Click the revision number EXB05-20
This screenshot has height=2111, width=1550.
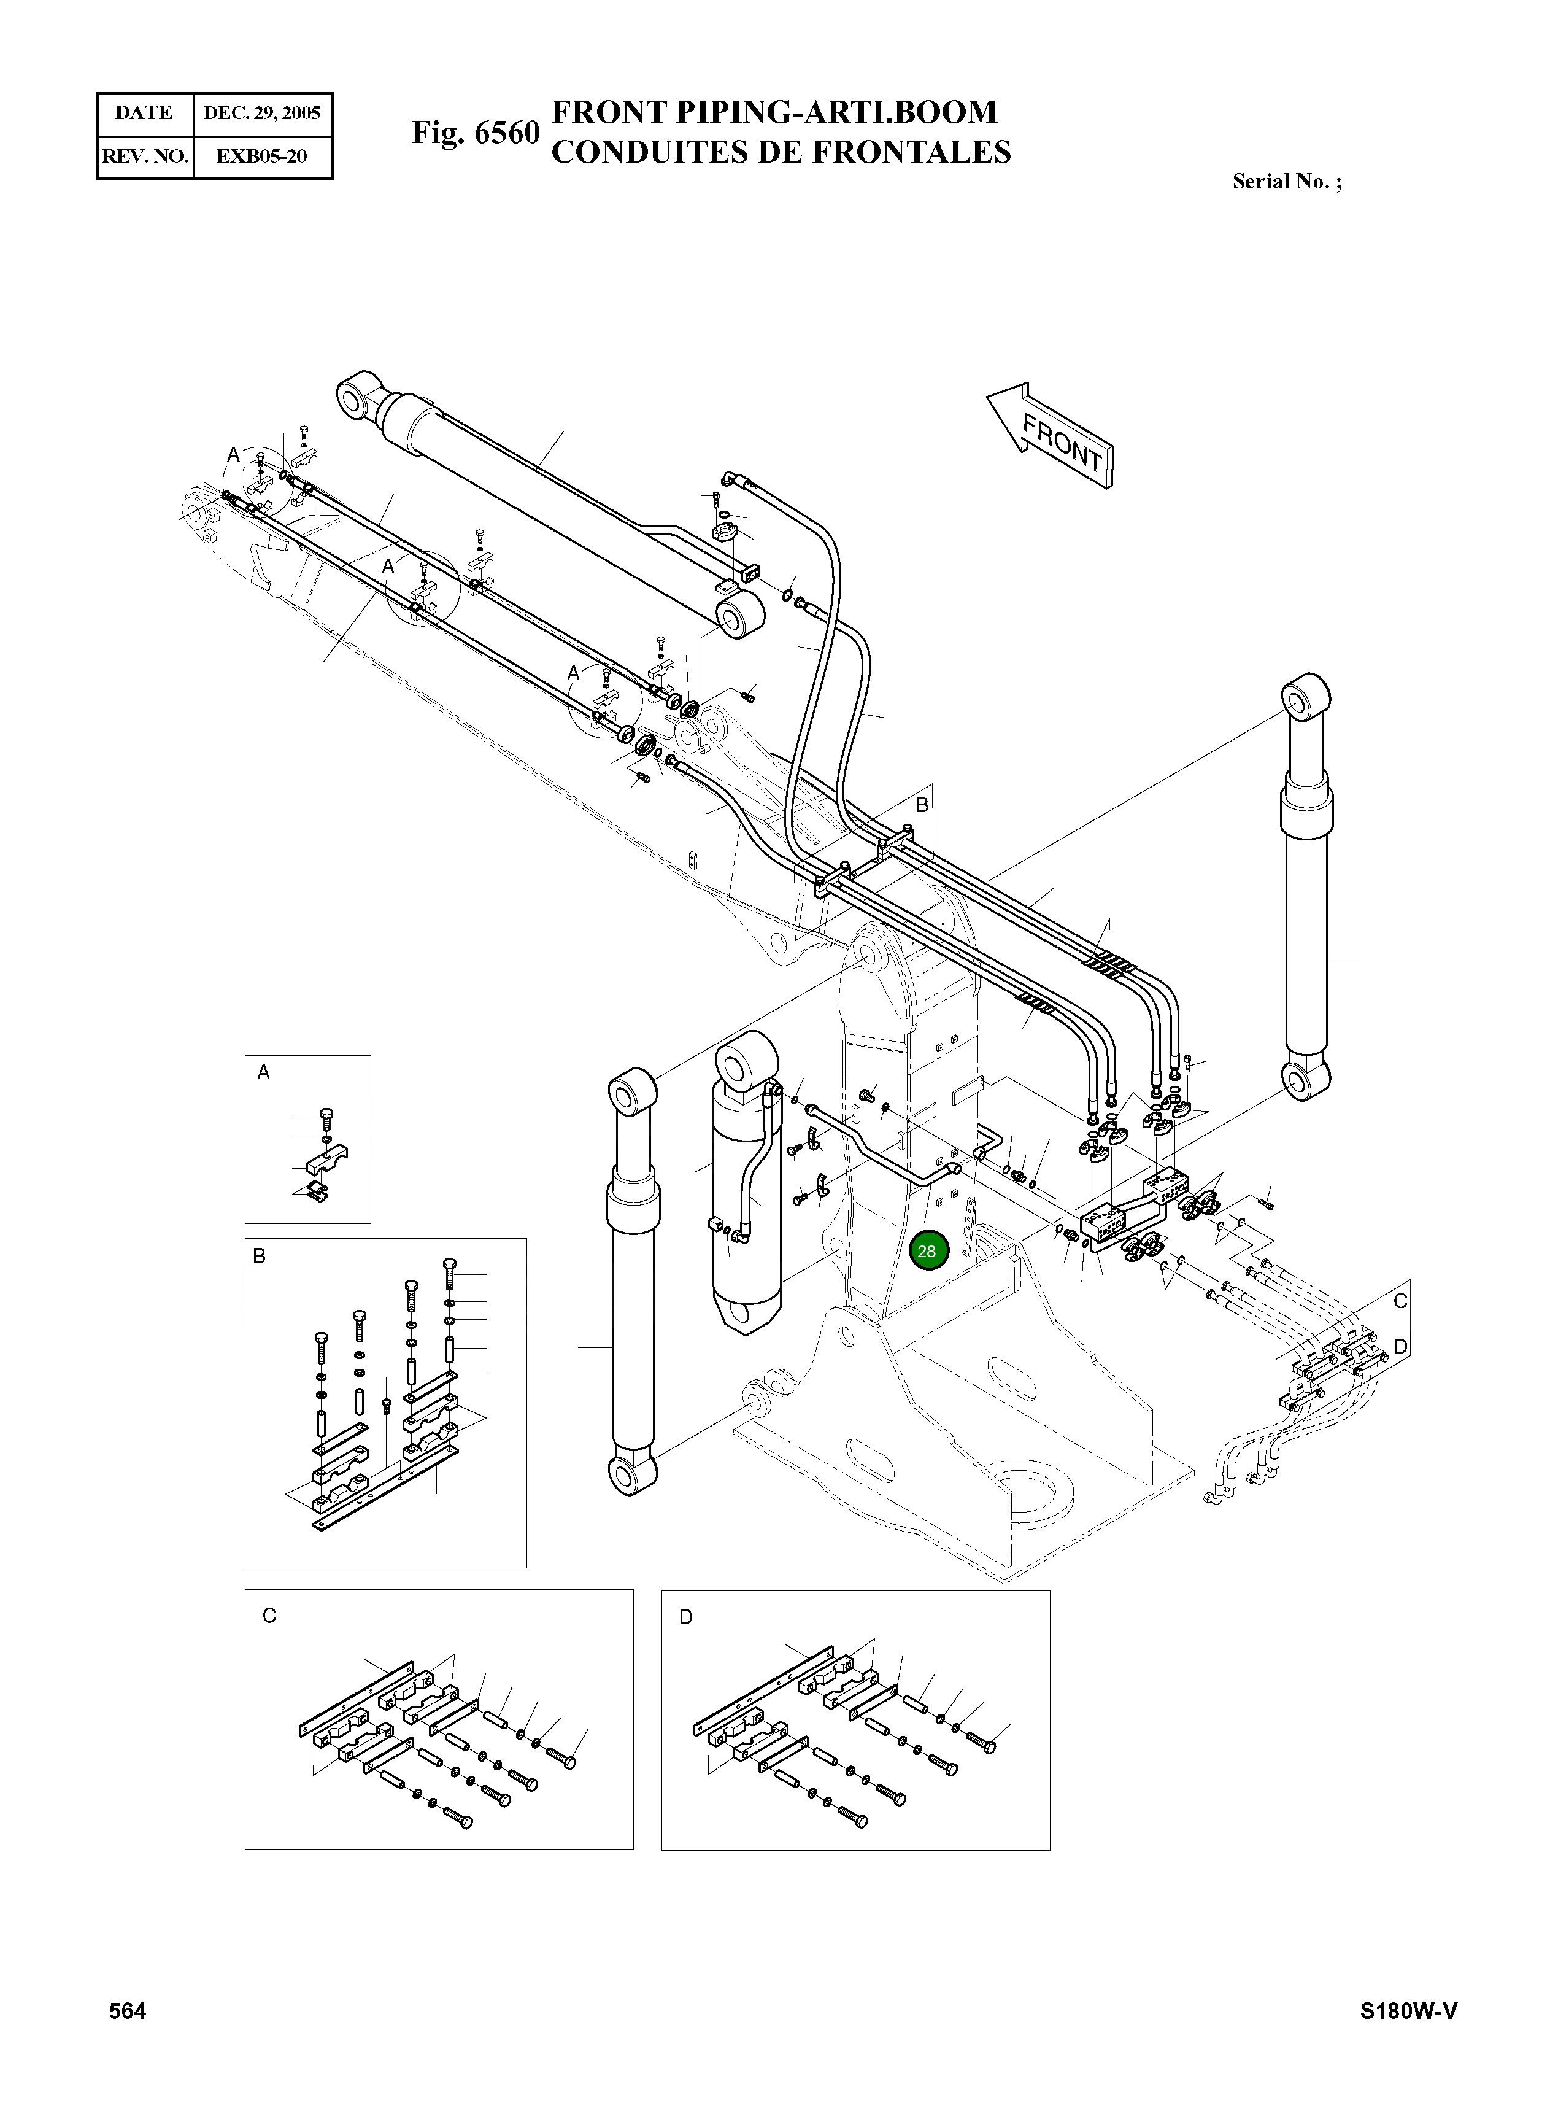tap(262, 156)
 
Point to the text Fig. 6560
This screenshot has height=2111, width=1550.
tap(475, 133)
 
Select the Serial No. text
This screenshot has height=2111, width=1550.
tap(1286, 182)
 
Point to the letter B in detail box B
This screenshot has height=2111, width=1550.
tap(260, 1256)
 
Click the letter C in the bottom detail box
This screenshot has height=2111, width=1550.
tap(269, 1616)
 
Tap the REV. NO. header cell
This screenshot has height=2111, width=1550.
tap(144, 156)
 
